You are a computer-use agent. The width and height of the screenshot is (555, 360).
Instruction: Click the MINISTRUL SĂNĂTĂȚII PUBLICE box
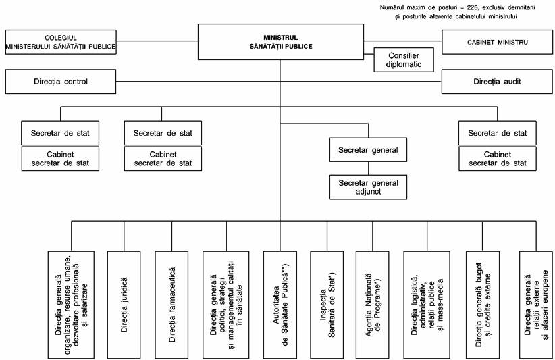281,42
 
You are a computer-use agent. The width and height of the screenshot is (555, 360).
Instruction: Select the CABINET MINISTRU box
497,42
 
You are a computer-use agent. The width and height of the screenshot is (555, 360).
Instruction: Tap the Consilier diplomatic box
404,60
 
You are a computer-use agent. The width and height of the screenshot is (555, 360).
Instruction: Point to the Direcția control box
61,82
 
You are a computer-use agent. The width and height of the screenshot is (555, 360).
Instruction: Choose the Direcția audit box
497,82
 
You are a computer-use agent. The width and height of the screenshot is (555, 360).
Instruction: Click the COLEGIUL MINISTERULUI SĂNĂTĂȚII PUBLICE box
61,42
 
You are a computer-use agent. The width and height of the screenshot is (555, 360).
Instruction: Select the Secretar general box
368,150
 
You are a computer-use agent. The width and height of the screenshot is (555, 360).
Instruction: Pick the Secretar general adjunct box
368,187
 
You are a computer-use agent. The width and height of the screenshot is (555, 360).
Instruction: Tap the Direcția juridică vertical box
124,305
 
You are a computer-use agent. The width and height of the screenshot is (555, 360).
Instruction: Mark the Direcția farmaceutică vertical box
171,305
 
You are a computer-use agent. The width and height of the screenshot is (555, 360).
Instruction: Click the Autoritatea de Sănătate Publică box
280,305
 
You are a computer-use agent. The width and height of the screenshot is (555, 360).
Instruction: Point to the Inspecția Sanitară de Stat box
327,305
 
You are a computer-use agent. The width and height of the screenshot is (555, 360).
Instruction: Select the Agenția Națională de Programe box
372,305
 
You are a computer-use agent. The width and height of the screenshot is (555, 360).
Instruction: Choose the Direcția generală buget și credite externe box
483,305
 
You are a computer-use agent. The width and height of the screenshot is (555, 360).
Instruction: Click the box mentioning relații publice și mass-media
427,305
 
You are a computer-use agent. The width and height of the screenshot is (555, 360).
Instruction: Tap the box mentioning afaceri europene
536,305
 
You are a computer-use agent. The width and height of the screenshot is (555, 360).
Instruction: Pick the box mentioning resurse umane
71,305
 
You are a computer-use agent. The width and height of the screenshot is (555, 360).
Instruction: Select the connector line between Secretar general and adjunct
368,168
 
